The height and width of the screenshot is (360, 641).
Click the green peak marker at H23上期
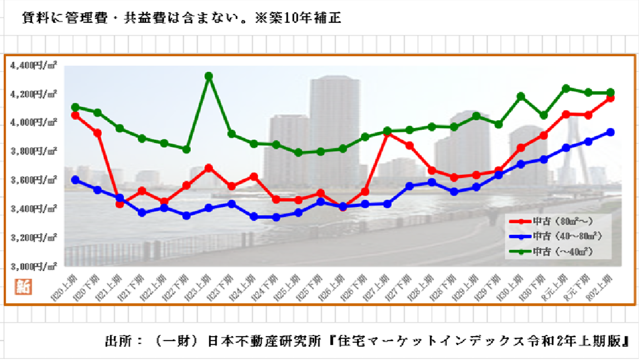(209, 76)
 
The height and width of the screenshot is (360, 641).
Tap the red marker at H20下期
(97, 133)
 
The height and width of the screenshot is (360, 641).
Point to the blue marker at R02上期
(610, 132)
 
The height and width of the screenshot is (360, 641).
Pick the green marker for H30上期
(521, 96)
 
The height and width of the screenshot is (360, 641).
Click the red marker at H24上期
(254, 176)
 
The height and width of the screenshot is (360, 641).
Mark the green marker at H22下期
(186, 149)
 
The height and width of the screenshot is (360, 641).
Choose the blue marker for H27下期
(410, 186)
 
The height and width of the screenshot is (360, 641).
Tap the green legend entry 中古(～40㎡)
(559, 251)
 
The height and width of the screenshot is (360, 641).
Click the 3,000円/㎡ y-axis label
(33, 266)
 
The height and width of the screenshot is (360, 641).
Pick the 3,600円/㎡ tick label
(33, 180)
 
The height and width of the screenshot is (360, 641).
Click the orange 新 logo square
(20, 287)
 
